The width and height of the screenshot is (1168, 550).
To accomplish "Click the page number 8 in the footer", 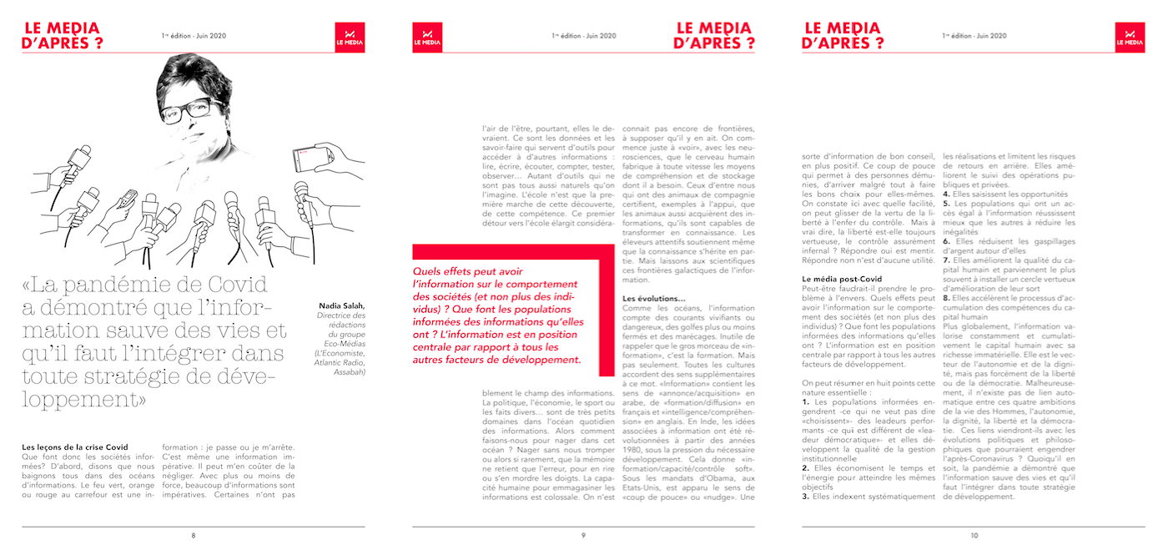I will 194,535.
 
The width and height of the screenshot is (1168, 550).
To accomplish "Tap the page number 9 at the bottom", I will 583,535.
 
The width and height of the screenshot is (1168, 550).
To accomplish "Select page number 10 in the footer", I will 974,535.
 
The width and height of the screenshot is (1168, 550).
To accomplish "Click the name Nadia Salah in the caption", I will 342,306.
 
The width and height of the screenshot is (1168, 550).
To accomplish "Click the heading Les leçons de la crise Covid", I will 75,447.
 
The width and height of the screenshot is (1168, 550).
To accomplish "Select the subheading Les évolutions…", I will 654,299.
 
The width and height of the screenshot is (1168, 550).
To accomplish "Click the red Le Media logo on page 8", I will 350,38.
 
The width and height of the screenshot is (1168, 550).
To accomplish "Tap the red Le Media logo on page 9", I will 427,38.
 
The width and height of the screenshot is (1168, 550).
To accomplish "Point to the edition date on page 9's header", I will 584,36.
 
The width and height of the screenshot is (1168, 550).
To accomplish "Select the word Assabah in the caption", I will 347,371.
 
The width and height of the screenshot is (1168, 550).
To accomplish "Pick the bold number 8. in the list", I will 946,296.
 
